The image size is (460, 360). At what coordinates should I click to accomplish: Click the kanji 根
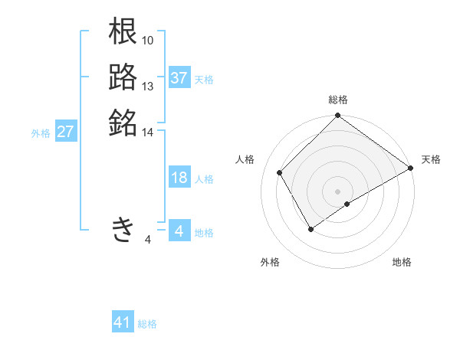pos(123,31)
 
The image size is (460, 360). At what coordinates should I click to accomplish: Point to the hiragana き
pos(123,229)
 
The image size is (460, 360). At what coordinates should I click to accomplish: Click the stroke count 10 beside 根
pos(148,40)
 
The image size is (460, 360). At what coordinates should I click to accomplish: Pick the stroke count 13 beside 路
pos(148,86)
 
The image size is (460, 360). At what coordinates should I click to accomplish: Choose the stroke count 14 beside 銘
pos(148,133)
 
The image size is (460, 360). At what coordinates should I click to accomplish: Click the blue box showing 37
pos(179,78)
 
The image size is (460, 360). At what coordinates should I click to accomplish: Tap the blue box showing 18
pos(179,178)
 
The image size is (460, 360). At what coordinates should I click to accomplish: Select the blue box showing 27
pos(66,132)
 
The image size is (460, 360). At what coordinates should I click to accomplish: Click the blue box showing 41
pos(123,322)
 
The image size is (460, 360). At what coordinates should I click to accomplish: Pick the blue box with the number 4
pos(179,231)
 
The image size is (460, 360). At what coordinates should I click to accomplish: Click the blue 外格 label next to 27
pos(41,133)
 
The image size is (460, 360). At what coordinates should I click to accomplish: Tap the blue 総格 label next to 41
pos(147,324)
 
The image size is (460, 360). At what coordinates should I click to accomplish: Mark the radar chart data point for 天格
pos(411,168)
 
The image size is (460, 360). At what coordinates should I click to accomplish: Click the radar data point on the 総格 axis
pos(338,117)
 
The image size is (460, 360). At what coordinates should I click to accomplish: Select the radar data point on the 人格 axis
pos(280,173)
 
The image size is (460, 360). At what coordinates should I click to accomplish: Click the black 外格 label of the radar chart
pos(270,262)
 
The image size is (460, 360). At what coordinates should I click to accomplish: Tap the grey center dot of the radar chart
pos(338,191)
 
